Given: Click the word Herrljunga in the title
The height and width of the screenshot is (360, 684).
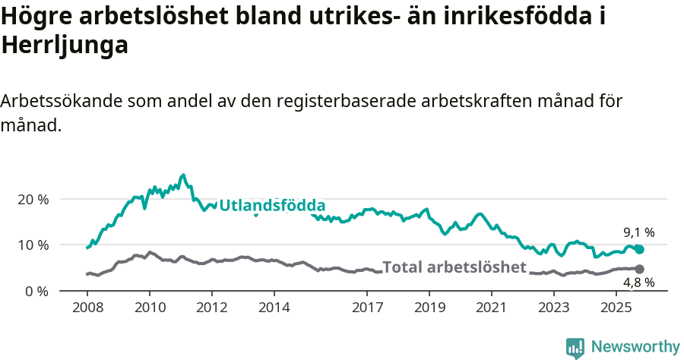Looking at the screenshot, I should (x=65, y=46).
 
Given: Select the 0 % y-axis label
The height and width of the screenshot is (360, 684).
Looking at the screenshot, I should (x=37, y=292).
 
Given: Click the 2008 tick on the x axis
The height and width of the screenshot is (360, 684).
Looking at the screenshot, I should (x=87, y=308).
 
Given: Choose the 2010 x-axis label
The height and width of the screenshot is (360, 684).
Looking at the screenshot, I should (x=150, y=308).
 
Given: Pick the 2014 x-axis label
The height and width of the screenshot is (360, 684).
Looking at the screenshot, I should (x=274, y=308).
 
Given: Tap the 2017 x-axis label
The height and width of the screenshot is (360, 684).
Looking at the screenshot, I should (x=368, y=308).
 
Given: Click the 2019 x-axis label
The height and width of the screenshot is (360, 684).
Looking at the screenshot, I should (x=429, y=308).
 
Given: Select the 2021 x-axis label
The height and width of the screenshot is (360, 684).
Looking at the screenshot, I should (x=492, y=308).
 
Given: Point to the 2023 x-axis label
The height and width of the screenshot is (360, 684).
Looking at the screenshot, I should (x=554, y=308).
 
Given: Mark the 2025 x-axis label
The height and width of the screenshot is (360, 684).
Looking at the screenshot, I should (x=616, y=308).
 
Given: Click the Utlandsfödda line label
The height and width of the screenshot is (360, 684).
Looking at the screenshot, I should (x=272, y=206).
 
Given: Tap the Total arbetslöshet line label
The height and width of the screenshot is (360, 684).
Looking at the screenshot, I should (x=454, y=267).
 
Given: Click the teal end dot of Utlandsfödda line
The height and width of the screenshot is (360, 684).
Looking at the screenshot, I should (x=639, y=249).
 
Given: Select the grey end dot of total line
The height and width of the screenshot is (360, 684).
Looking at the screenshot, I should (x=639, y=269).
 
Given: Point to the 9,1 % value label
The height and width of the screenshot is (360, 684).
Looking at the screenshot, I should (x=638, y=232).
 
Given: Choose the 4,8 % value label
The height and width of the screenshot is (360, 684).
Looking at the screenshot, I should (x=638, y=283).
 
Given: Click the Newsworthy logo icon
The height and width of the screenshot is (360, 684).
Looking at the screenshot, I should (x=575, y=347).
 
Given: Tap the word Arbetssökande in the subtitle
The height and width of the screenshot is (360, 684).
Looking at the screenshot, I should (x=61, y=102).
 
